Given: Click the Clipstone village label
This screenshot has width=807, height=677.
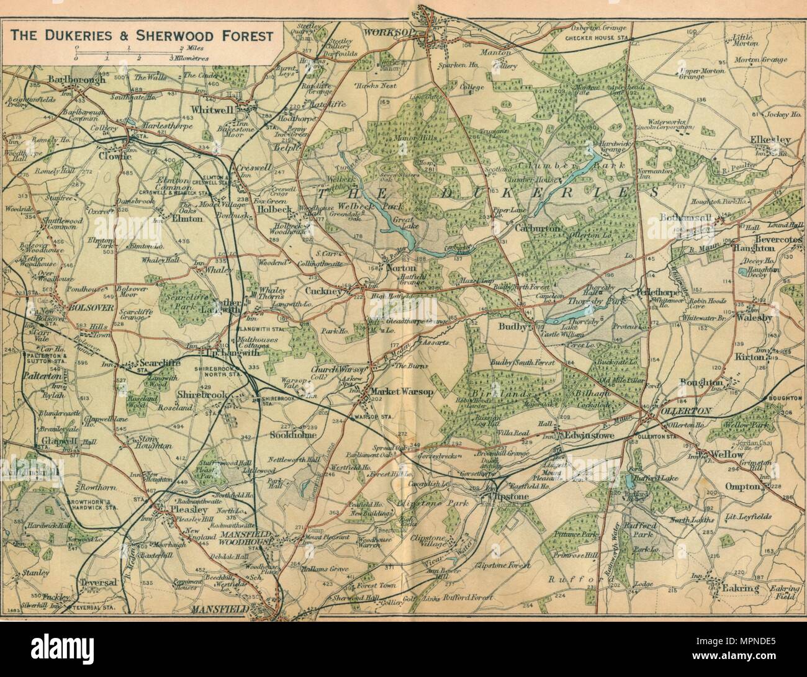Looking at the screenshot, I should point(502,497).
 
